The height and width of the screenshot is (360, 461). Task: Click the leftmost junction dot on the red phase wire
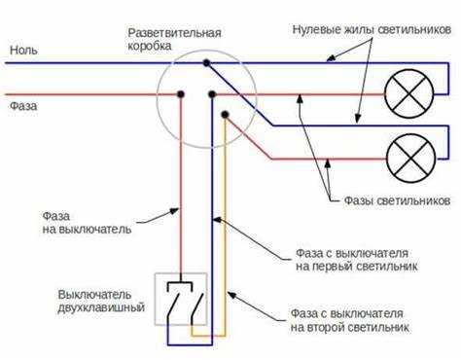pyautogui.click(x=180, y=95)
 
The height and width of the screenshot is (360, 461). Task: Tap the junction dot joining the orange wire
pyautogui.click(x=226, y=114)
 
